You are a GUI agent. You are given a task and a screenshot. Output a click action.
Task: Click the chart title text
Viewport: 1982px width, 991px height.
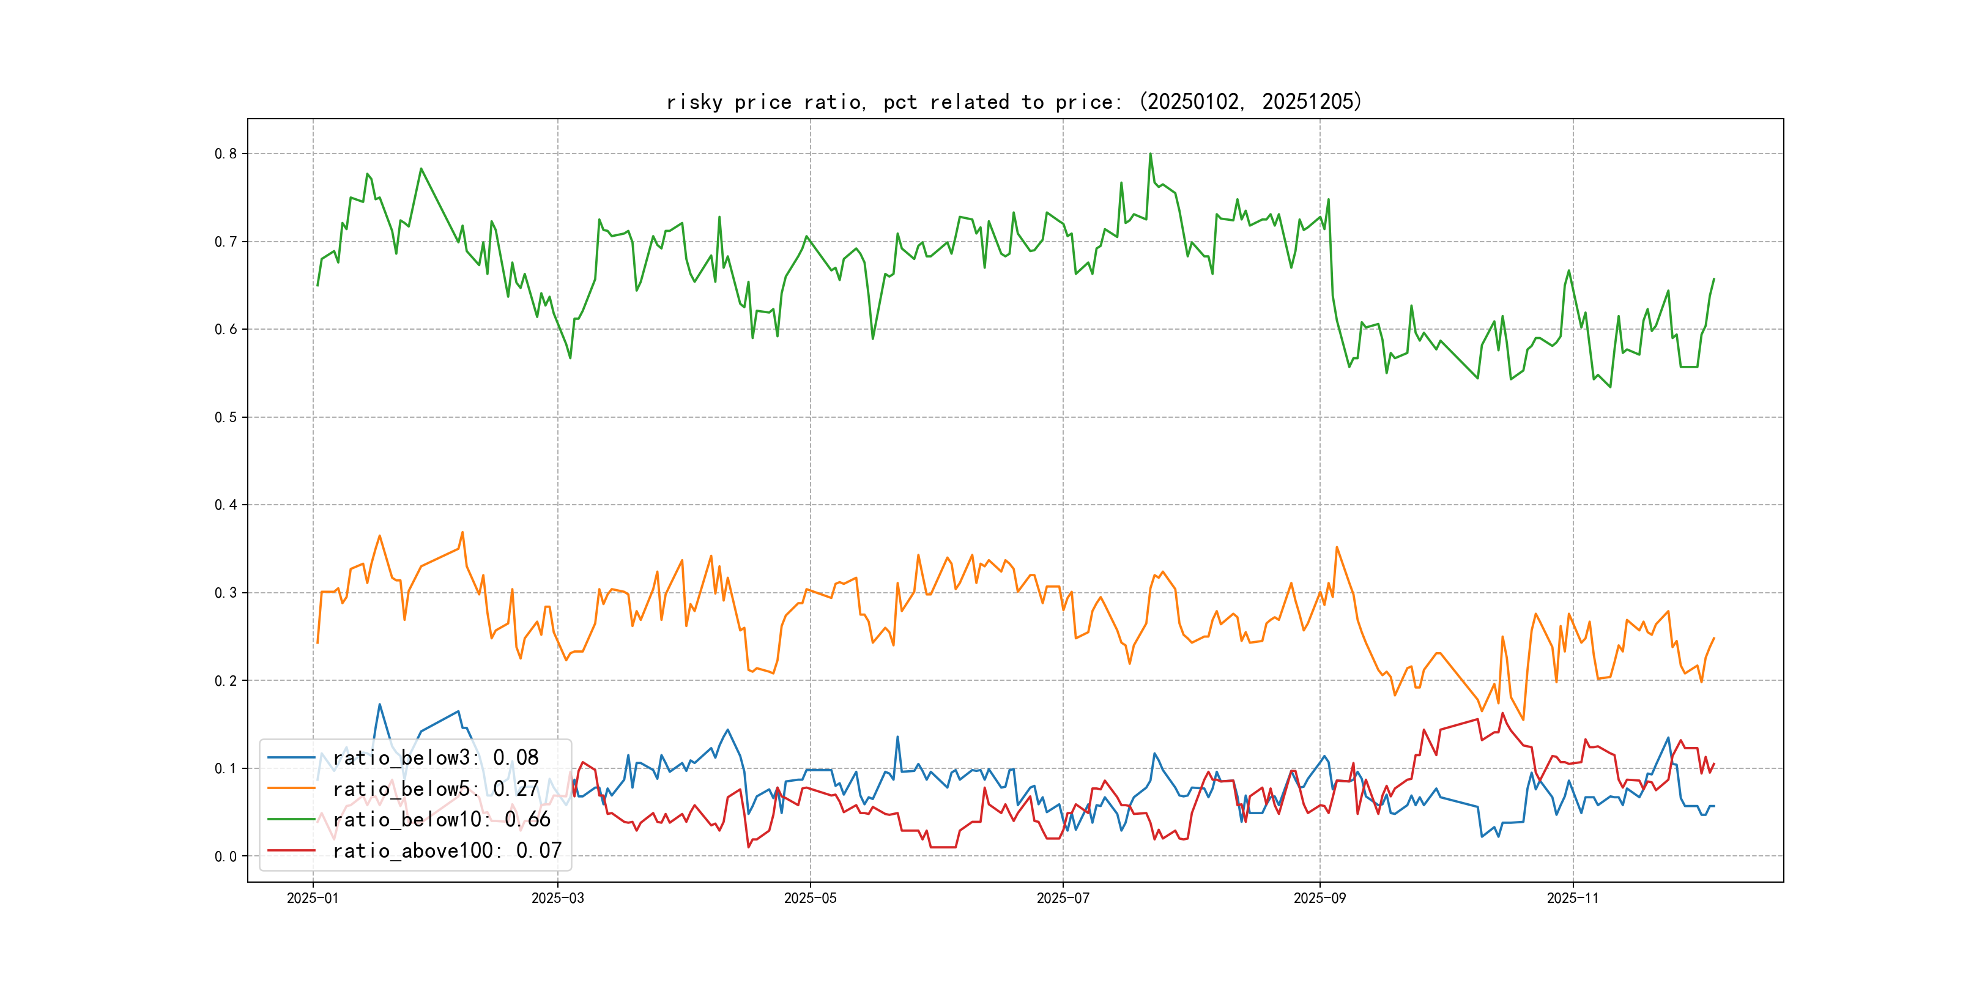tap(1014, 102)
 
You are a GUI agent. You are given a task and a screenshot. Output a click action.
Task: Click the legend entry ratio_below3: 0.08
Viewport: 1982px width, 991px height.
tap(436, 758)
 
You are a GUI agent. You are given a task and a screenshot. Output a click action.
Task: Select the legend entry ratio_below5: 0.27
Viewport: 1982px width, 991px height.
tap(436, 789)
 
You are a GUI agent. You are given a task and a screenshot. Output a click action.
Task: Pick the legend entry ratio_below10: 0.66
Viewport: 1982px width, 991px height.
tap(442, 820)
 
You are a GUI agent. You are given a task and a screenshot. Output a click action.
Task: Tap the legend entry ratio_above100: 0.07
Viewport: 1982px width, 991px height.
tap(447, 850)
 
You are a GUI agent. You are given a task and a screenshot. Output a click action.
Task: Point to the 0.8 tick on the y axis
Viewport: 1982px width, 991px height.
tap(226, 154)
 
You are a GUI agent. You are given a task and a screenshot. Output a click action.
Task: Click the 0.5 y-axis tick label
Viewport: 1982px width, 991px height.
tap(226, 417)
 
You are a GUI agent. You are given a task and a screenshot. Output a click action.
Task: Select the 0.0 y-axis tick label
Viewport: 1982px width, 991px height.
tap(226, 856)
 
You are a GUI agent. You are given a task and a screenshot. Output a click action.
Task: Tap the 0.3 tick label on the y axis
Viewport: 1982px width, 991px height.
tap(226, 592)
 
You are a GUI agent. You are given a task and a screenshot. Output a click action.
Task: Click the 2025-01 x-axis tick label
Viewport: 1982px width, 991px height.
tap(313, 898)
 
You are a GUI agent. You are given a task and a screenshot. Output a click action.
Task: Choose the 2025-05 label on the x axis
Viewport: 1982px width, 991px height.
tap(809, 898)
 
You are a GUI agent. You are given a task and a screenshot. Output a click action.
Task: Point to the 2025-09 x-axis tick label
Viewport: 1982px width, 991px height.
tap(1319, 898)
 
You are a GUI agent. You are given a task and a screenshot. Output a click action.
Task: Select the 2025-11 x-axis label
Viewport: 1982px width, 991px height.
tap(1573, 898)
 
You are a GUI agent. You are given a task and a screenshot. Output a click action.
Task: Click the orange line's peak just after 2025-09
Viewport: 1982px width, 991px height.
tap(1337, 547)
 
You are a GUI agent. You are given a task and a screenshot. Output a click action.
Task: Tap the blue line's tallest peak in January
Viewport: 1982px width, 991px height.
tap(379, 704)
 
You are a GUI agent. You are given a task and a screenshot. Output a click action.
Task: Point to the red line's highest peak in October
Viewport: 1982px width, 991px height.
tap(1502, 713)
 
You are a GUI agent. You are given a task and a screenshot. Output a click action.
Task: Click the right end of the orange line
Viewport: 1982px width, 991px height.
tap(1713, 638)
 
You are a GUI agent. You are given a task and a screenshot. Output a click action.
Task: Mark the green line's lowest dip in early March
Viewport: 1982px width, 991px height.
tap(570, 358)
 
